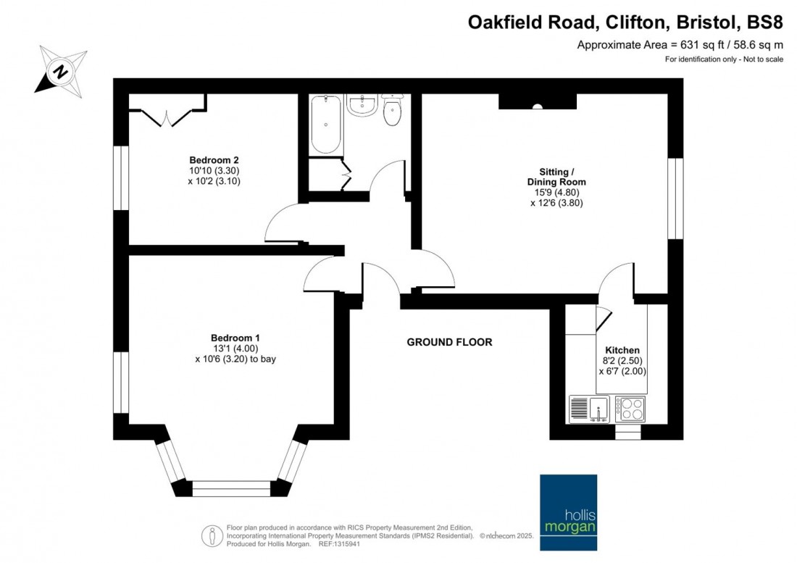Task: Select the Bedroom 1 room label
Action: (x=235, y=338)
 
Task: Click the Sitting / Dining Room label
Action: (x=556, y=177)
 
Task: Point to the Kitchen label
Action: (x=622, y=350)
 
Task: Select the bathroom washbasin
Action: (x=361, y=106)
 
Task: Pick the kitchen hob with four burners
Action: (x=630, y=409)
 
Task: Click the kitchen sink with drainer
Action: (x=590, y=408)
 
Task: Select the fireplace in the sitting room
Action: (x=537, y=101)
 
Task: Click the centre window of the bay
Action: (x=231, y=488)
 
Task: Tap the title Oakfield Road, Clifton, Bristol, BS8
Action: (x=625, y=22)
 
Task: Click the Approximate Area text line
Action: (x=680, y=45)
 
